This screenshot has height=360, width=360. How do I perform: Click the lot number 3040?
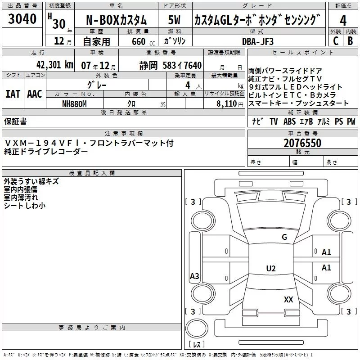click(x=22, y=19)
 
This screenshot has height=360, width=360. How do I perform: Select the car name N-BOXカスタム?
click(x=116, y=20)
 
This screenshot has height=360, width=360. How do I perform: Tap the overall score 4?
click(x=343, y=20)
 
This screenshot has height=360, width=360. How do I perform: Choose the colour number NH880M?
click(x=74, y=103)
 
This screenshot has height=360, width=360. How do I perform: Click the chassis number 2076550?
click(x=302, y=144)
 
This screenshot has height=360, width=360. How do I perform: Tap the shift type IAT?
click(x=13, y=94)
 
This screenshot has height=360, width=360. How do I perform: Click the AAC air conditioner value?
click(x=35, y=94)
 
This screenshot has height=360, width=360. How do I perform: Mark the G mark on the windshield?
click(x=284, y=237)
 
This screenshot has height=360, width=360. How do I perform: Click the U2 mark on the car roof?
click(x=270, y=269)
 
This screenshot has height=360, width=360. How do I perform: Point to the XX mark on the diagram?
click(x=288, y=299)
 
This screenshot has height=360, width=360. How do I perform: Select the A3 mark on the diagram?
click(x=194, y=276)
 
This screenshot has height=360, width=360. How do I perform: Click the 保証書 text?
click(x=15, y=121)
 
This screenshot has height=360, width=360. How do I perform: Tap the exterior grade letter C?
click(x=335, y=41)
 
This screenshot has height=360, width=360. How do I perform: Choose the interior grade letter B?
click(x=350, y=41)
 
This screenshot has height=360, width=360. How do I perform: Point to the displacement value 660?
click(x=138, y=41)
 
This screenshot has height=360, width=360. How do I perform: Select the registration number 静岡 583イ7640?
click(x=171, y=65)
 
